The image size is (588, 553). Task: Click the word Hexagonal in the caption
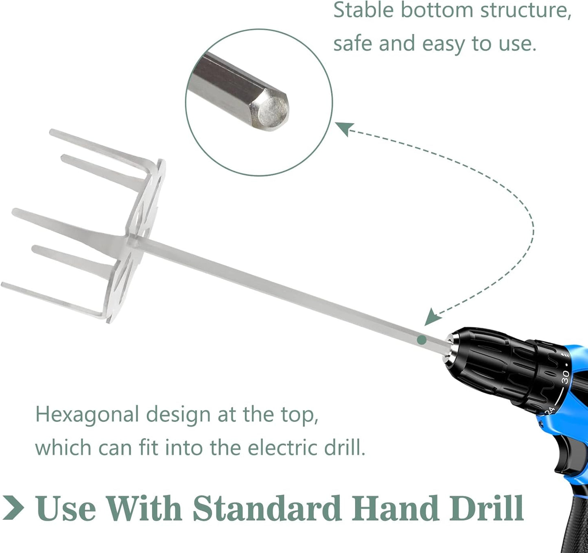[x=87, y=415]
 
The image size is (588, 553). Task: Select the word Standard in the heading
[x=267, y=508]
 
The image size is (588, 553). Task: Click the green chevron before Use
[x=13, y=508]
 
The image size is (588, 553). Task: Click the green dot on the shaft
[x=422, y=339]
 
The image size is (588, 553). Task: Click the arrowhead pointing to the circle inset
[x=343, y=128]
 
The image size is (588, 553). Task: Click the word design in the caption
[x=179, y=415]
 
